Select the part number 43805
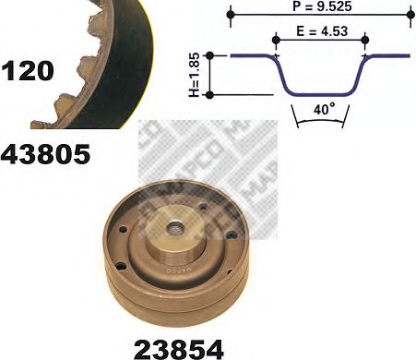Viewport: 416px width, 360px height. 46,154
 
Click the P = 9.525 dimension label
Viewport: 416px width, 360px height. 321,7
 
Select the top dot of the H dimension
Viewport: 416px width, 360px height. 211,56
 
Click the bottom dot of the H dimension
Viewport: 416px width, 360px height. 211,94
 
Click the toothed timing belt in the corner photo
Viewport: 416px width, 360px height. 101,55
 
